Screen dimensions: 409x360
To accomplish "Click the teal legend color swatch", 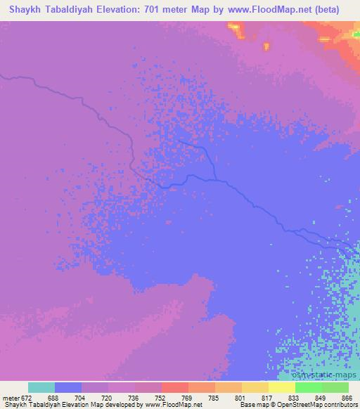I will [x=41, y=387].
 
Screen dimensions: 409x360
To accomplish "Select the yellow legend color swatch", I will [x=281, y=387].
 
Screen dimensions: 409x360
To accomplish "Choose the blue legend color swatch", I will [x=68, y=387].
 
